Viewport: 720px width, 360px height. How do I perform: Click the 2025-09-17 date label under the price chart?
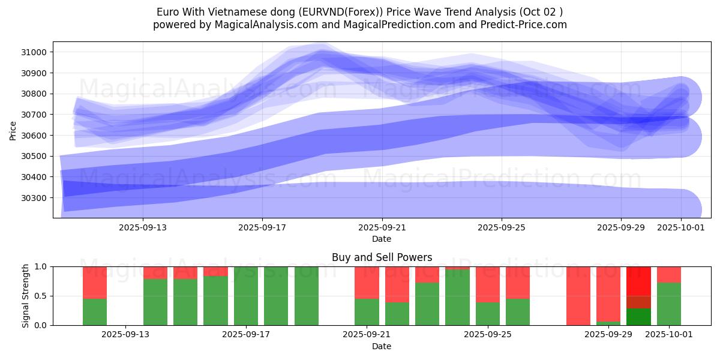[262, 227]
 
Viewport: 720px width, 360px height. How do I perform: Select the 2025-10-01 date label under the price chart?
[681, 227]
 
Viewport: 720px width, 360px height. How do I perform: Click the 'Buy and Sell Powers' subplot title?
[382, 257]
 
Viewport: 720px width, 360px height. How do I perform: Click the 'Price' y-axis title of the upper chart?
[13, 130]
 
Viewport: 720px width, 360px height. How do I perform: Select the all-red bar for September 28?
[578, 296]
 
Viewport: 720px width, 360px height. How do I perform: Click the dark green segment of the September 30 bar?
[638, 317]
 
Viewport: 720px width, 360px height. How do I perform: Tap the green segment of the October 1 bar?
[669, 304]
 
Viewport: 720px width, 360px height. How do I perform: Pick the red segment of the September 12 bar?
[95, 282]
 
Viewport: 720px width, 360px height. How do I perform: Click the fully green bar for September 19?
[307, 296]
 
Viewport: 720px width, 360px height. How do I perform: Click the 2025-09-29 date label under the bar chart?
[608, 335]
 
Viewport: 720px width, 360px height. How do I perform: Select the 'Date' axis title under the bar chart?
[382, 346]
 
